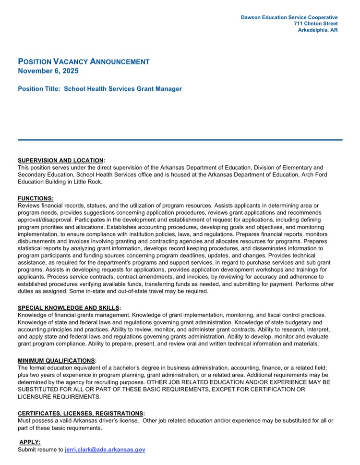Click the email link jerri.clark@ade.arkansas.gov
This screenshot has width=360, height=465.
[x=105, y=450]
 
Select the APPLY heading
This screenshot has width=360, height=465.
[x=30, y=442]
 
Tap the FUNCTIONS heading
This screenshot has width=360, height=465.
[x=36, y=198]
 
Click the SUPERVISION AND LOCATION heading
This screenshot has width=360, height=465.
[x=60, y=160]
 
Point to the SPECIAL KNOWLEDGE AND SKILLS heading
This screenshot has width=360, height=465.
[x=69, y=307]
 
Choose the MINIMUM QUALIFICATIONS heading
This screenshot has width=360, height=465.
[x=56, y=360]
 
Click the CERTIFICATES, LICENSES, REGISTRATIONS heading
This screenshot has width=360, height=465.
[x=80, y=413]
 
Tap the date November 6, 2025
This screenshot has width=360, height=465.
[x=48, y=71]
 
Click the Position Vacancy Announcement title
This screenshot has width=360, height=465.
[x=84, y=61]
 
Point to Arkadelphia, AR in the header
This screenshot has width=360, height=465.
[x=317, y=30]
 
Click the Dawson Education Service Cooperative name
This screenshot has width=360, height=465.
[x=289, y=17]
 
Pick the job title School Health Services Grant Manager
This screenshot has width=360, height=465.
[x=123, y=89]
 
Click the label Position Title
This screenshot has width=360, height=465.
[x=39, y=89]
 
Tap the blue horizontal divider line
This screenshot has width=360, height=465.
[x=180, y=140]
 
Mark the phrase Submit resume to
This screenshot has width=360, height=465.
[x=40, y=450]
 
